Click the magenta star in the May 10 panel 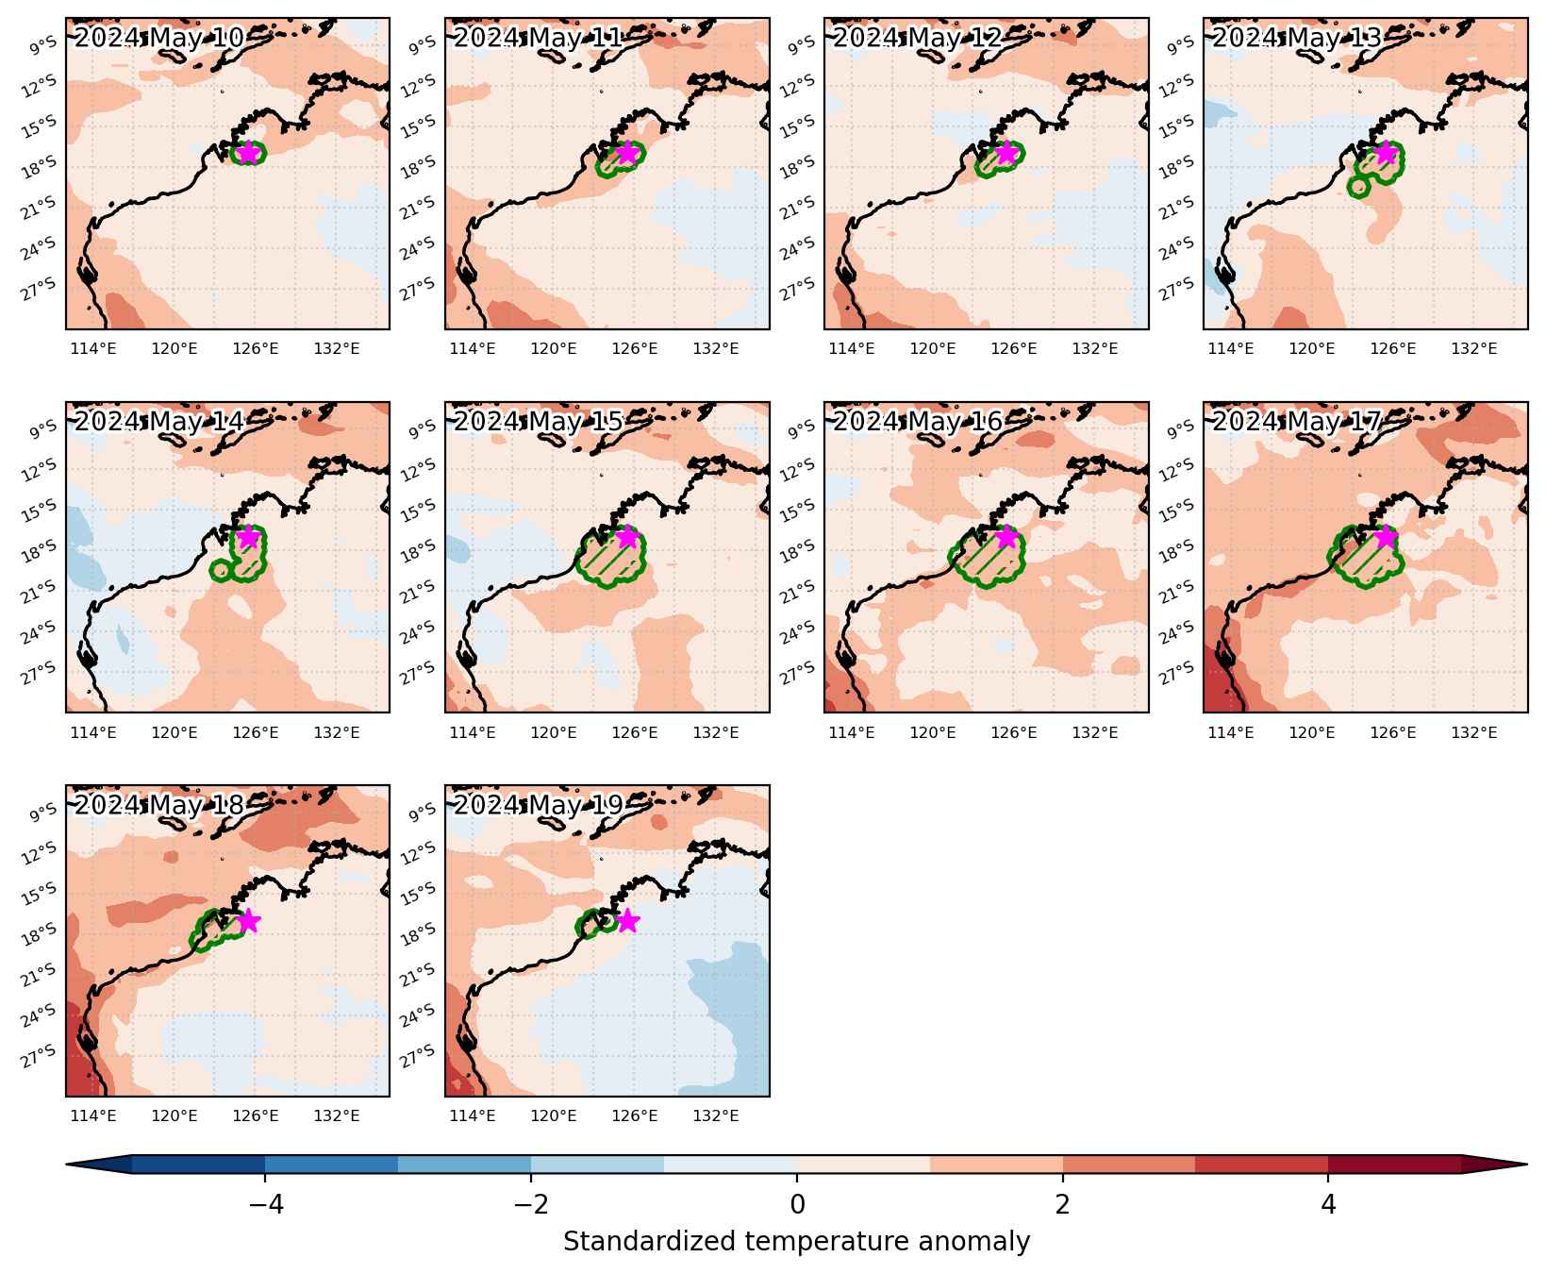tap(248, 152)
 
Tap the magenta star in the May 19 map tap(627, 920)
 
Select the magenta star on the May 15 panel tap(627, 537)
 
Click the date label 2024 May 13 tap(1296, 38)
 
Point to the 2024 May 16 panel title tap(917, 422)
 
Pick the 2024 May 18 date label tap(158, 805)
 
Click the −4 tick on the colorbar tap(264, 1204)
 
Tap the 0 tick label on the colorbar tap(797, 1204)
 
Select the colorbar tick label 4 tap(1328, 1204)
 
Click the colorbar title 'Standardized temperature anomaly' tap(796, 1242)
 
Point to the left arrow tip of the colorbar tap(67, 1165)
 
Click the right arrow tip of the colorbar tap(1526, 1165)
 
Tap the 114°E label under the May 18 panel tap(94, 1116)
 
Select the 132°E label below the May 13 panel tap(1474, 349)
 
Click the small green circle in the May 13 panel tap(1358, 187)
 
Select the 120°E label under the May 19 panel tap(554, 1116)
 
